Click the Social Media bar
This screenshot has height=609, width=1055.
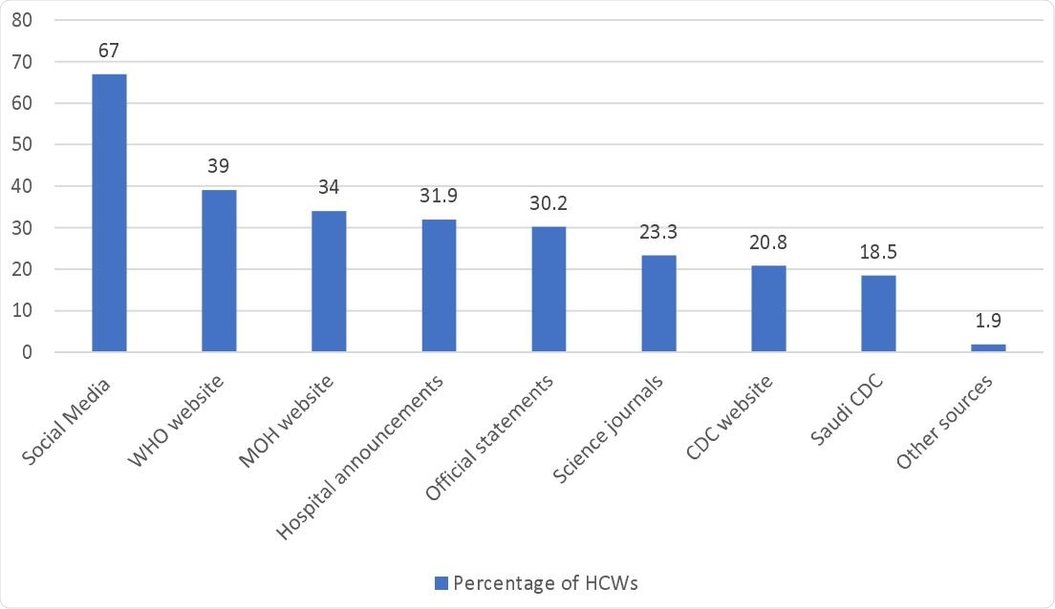click(109, 213)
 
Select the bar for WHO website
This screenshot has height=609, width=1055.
click(219, 271)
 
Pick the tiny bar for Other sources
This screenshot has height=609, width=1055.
click(988, 348)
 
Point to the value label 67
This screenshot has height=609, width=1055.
click(109, 51)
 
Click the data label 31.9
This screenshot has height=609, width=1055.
click(439, 197)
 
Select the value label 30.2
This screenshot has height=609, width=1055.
click(549, 203)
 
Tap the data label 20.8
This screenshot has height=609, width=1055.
click(768, 242)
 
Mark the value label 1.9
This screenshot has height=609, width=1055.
click(988, 321)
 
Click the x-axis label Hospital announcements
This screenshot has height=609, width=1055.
click(361, 456)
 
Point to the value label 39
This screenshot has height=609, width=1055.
click(219, 167)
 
